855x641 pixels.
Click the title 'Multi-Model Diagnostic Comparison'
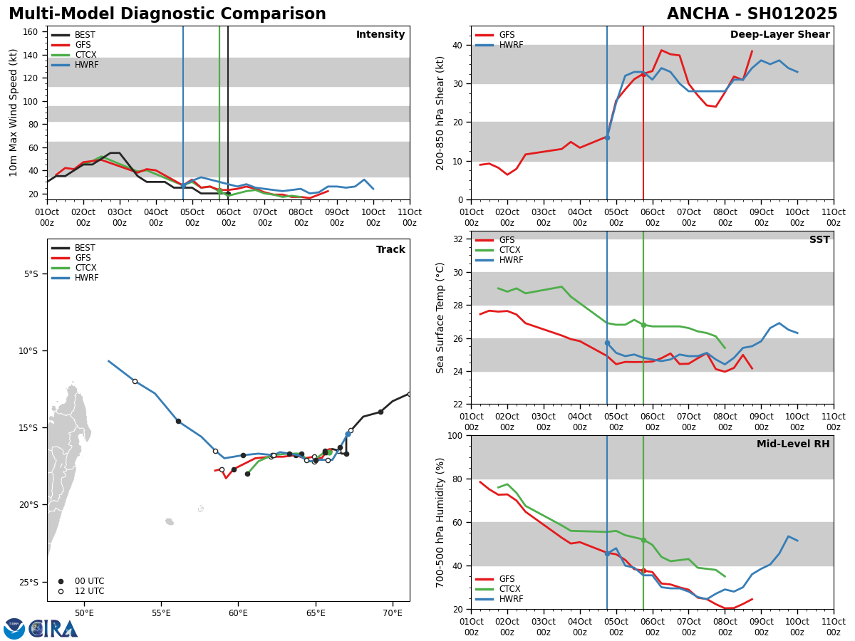click(x=167, y=14)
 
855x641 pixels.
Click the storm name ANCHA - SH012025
click(x=752, y=14)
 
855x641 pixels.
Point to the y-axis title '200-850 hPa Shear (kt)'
click(x=441, y=113)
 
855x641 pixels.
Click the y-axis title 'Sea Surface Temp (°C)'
click(x=441, y=318)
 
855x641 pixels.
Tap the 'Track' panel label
click(x=390, y=250)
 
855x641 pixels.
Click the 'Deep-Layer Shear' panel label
click(x=779, y=35)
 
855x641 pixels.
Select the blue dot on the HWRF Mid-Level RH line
click(x=607, y=553)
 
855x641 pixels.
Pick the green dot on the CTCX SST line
click(x=643, y=325)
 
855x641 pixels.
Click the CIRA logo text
click(x=54, y=629)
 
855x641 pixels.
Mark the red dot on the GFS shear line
click(x=643, y=74)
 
